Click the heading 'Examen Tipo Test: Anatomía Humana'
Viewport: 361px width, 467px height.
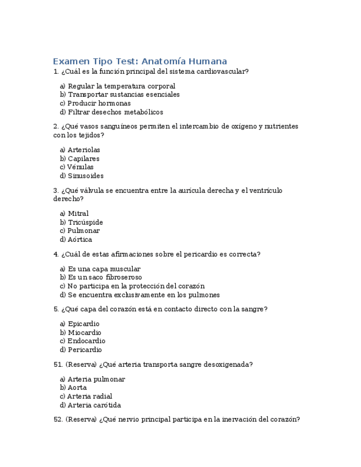click(x=140, y=61)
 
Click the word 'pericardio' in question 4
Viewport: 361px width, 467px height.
click(x=193, y=254)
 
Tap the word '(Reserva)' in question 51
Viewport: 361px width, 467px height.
click(x=81, y=364)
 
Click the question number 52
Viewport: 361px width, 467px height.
click(x=58, y=419)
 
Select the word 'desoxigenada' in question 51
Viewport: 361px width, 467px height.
click(x=227, y=364)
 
